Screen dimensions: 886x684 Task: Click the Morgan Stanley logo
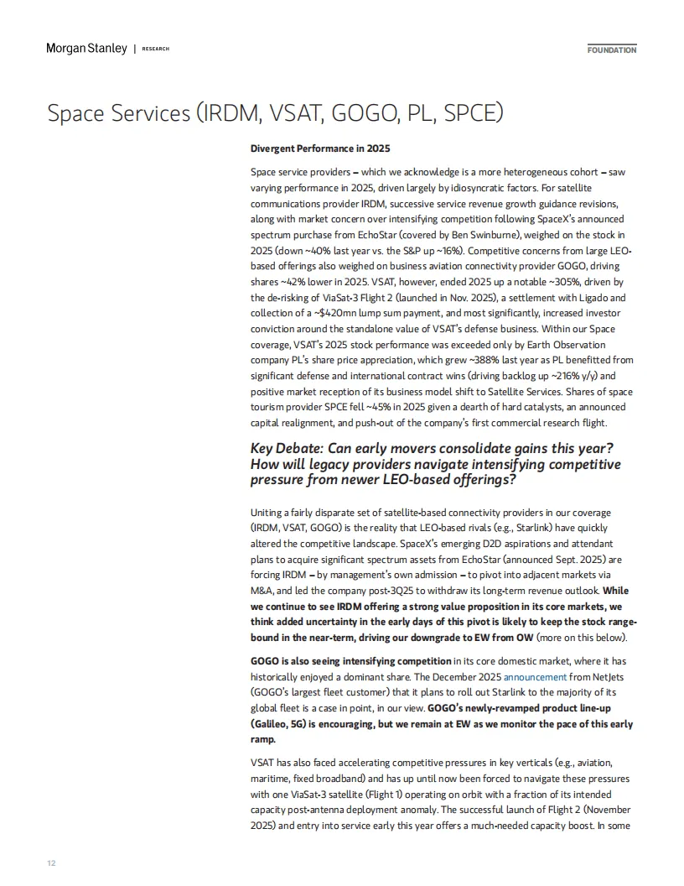pos(86,49)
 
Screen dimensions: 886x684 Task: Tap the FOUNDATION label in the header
pos(611,50)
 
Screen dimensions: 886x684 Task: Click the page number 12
pos(52,863)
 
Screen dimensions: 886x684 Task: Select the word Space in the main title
pos(77,113)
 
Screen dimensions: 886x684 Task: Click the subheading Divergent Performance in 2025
pos(320,149)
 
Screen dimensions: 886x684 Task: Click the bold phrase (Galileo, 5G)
pos(288,723)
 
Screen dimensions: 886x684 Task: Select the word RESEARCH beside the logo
pos(156,50)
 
